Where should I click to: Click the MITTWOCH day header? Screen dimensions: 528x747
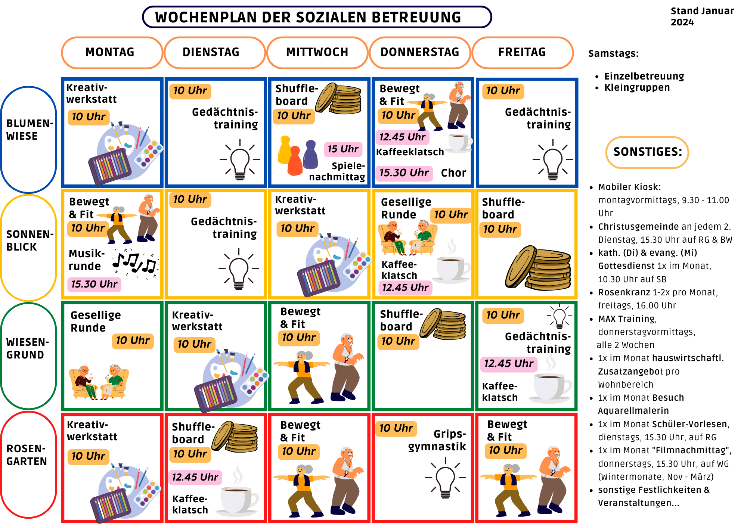coord(317,52)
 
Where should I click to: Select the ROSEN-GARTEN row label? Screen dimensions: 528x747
coord(27,455)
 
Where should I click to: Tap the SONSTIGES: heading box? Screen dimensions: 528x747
coord(647,152)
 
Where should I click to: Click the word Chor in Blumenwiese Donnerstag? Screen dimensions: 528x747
coord(453,173)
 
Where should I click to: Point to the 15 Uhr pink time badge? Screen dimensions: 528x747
coord(343,149)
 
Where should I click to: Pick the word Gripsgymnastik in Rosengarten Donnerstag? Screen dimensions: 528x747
coord(437,440)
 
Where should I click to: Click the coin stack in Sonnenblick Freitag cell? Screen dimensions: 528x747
coord(538,268)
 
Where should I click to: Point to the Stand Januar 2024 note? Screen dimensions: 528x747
coord(702,16)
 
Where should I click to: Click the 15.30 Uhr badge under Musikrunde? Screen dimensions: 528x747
coord(94,284)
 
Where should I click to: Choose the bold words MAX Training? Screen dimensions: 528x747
coord(627,319)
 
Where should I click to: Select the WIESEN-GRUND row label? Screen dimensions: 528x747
coord(27,348)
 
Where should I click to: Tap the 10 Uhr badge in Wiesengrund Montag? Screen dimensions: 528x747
coord(133,341)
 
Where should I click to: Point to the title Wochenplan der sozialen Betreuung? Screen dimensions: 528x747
coord(308,18)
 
